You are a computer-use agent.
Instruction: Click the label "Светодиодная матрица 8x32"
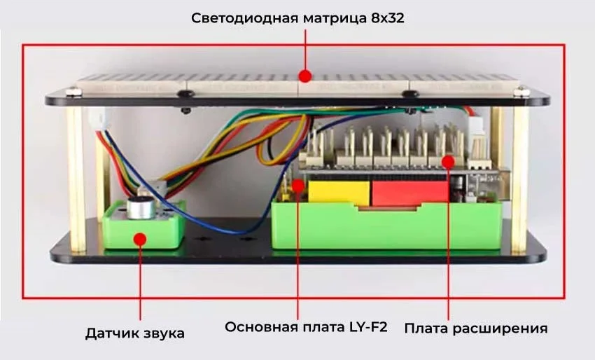(x=297, y=18)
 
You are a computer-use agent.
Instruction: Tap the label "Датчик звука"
(x=135, y=333)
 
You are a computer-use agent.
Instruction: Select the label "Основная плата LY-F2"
(x=306, y=327)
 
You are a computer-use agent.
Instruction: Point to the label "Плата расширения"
(x=476, y=328)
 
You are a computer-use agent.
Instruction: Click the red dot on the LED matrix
(x=304, y=75)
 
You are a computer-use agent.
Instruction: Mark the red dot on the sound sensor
(x=139, y=239)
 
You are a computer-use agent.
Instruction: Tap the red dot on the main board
(x=299, y=186)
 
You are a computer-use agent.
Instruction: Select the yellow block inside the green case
(x=339, y=193)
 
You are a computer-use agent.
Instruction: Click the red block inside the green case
(x=409, y=193)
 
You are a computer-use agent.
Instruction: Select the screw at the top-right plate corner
(x=521, y=90)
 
